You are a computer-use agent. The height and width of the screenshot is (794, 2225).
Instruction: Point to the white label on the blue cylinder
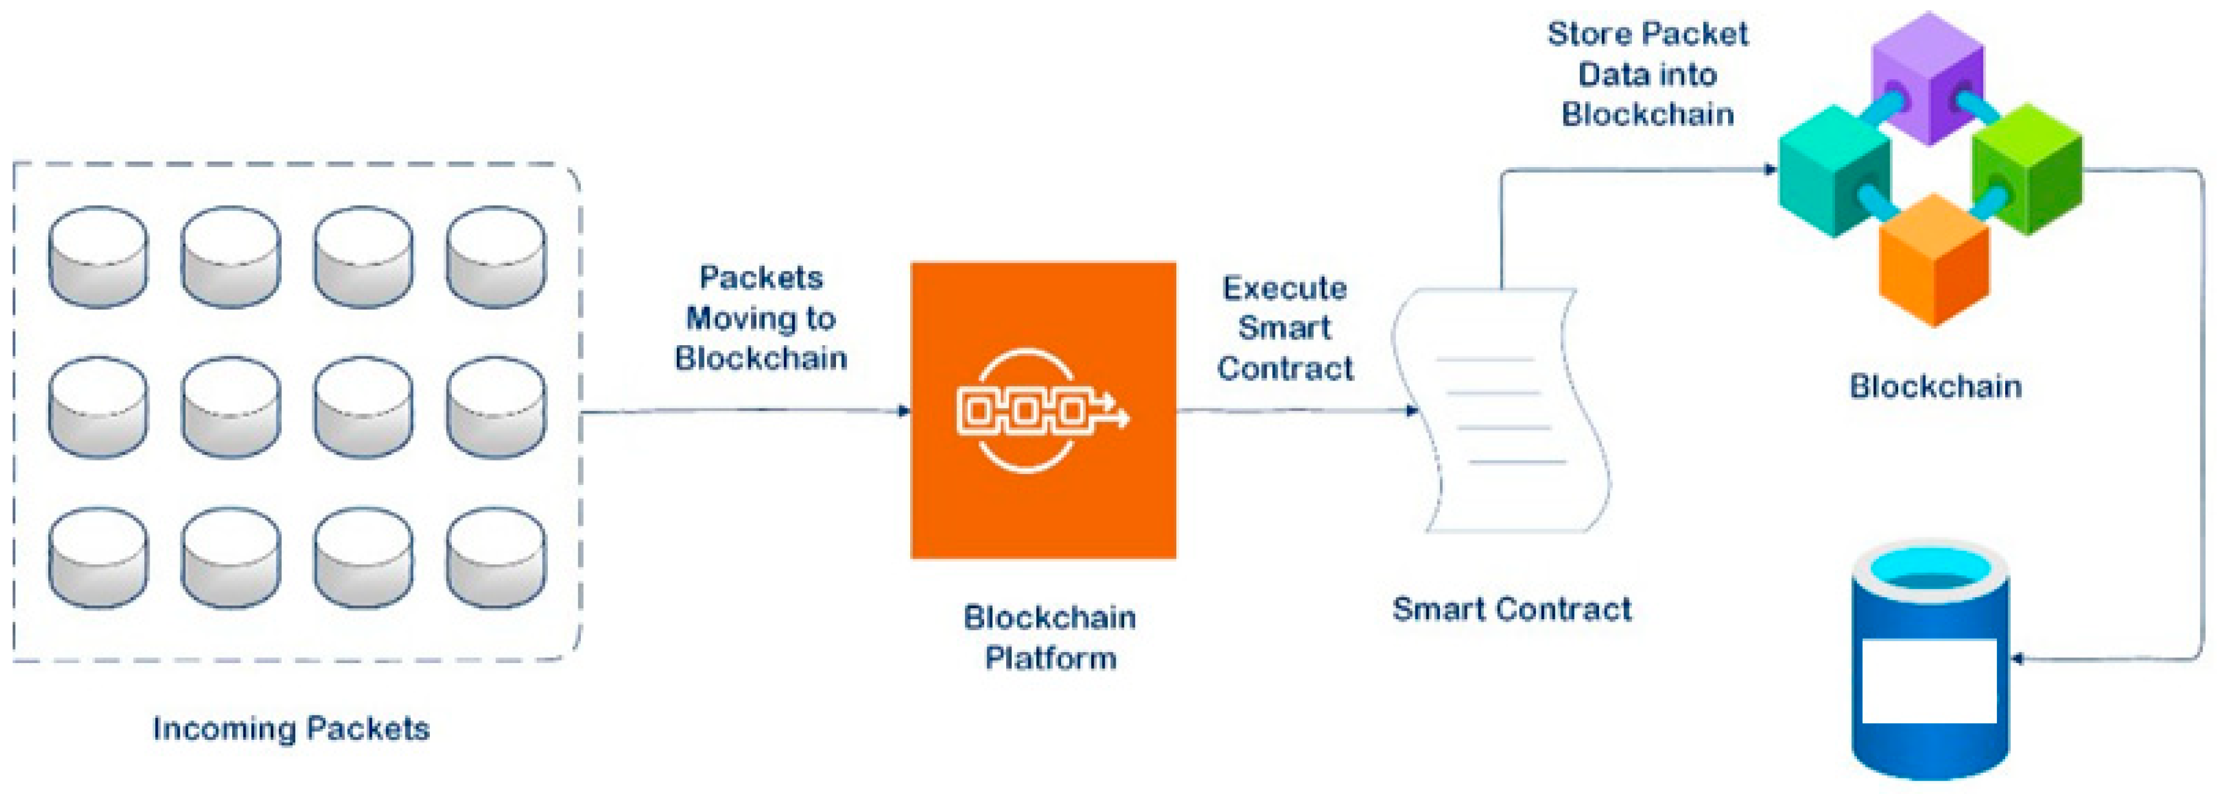point(1929,681)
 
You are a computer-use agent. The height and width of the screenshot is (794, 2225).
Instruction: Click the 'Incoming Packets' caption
point(291,728)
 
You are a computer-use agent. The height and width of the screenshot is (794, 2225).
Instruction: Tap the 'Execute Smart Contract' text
point(1285,328)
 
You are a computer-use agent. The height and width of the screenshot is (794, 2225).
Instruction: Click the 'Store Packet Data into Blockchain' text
point(1647,74)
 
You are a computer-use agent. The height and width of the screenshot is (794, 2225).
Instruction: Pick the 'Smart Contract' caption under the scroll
point(1511,609)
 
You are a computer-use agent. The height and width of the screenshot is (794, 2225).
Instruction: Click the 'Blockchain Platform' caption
point(1049,638)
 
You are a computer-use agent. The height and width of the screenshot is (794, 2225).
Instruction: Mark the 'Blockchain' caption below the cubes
point(1935,386)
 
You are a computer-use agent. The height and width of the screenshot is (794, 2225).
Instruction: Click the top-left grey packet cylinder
point(97,257)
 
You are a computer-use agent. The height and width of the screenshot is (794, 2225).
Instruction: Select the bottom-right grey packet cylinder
point(496,558)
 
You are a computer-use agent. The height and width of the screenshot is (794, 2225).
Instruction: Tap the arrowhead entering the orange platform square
point(904,410)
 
